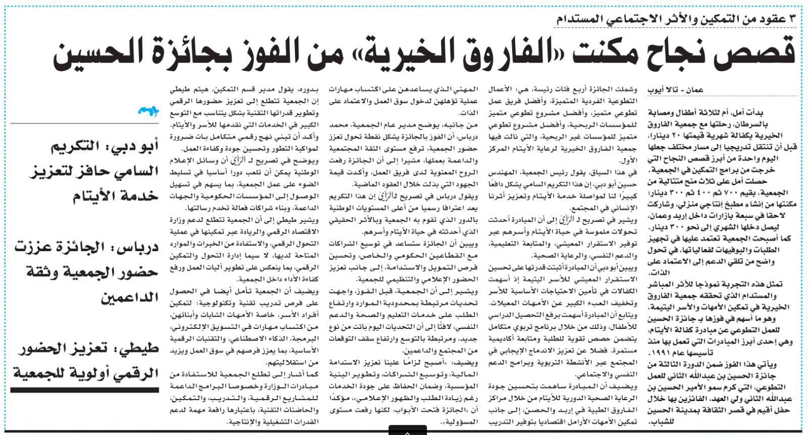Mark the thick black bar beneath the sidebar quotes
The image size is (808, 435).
click(84, 390)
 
